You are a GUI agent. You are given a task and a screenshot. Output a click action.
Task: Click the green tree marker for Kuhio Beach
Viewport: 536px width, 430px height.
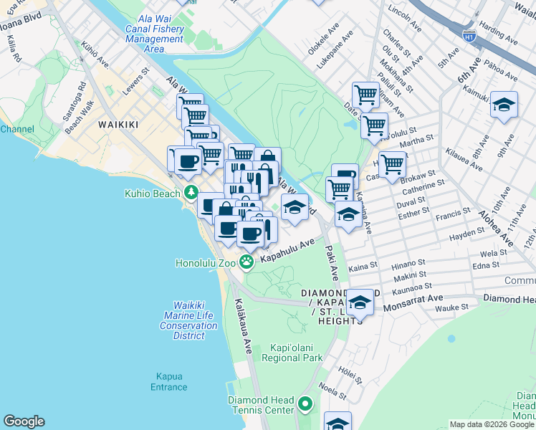[191, 192]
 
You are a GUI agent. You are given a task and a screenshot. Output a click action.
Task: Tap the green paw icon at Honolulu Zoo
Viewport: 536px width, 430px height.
[247, 262]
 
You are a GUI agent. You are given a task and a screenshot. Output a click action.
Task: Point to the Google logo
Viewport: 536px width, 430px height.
[24, 421]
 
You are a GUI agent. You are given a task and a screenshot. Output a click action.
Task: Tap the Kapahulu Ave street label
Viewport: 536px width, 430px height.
[287, 252]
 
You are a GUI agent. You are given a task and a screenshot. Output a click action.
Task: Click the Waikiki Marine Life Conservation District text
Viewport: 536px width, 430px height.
[189, 315]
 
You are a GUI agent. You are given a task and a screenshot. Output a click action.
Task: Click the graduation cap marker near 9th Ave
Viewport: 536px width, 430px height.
[504, 105]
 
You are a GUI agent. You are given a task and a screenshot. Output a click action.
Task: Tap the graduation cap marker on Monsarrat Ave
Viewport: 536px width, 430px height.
[360, 302]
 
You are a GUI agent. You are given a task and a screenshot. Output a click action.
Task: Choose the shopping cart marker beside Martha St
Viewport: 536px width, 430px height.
[374, 125]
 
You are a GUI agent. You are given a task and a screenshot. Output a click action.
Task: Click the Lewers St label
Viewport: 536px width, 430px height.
[135, 76]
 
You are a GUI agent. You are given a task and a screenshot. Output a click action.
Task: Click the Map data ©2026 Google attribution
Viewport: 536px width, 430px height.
[491, 424]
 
